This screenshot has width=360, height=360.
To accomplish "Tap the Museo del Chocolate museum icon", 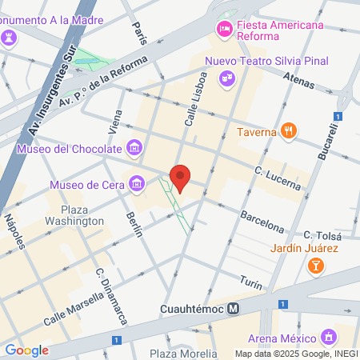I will tap(134, 147).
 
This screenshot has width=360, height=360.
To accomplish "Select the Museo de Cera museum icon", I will tap(138, 185).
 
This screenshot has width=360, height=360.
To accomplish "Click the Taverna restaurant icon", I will tap(290, 131).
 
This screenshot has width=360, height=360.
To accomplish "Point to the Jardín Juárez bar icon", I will tap(317, 265).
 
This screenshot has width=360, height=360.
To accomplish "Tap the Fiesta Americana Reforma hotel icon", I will tap(225, 30).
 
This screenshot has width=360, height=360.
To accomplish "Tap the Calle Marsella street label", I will tap(73, 307).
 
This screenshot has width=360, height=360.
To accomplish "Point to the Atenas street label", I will tap(301, 79).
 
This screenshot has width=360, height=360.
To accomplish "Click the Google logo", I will tap(26, 350).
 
